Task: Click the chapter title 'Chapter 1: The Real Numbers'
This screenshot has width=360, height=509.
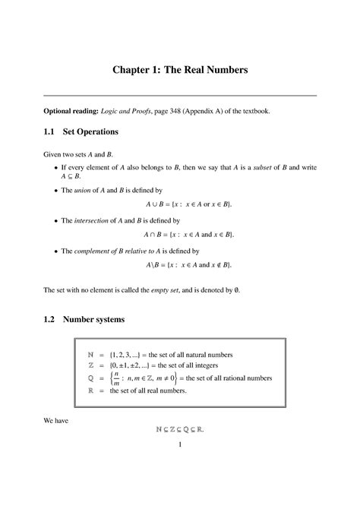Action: [x=180, y=71]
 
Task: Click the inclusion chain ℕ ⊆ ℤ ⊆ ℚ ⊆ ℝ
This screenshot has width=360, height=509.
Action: [x=180, y=429]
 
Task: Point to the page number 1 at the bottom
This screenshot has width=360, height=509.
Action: [x=180, y=445]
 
